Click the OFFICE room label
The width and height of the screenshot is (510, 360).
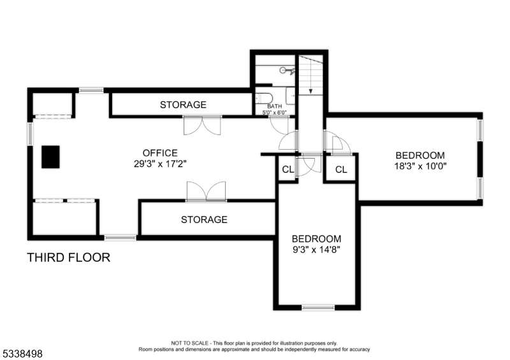click(159, 153)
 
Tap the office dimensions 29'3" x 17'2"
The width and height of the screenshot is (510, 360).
click(159, 163)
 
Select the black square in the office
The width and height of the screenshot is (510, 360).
click(51, 157)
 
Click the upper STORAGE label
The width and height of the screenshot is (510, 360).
click(183, 104)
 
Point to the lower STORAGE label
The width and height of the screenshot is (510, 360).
click(203, 220)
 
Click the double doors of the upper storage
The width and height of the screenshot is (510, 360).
click(202, 125)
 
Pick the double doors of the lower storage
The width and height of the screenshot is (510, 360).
click(206, 191)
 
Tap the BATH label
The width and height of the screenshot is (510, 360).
click(274, 106)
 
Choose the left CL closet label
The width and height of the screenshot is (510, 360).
click(288, 169)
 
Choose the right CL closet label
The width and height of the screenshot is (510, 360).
click(341, 169)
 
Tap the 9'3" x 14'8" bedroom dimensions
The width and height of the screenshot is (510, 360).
click(317, 250)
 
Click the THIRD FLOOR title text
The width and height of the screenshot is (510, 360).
click(68, 257)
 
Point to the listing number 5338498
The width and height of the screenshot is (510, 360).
click(22, 352)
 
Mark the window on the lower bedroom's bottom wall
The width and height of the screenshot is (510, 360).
click(318, 307)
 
